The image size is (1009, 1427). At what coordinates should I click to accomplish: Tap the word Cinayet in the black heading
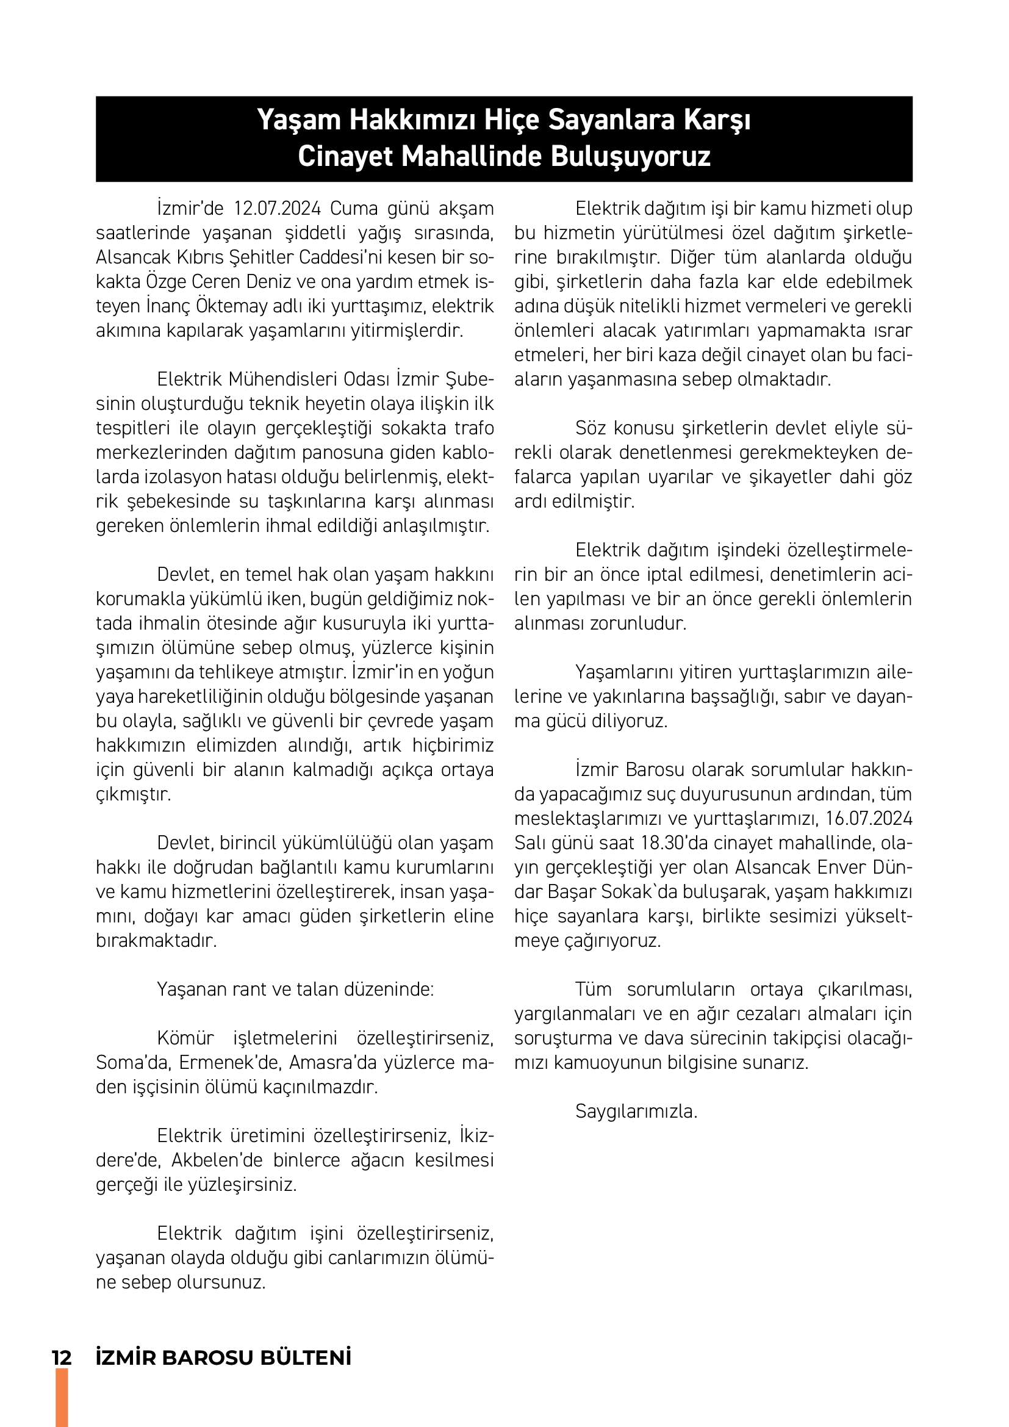346,157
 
